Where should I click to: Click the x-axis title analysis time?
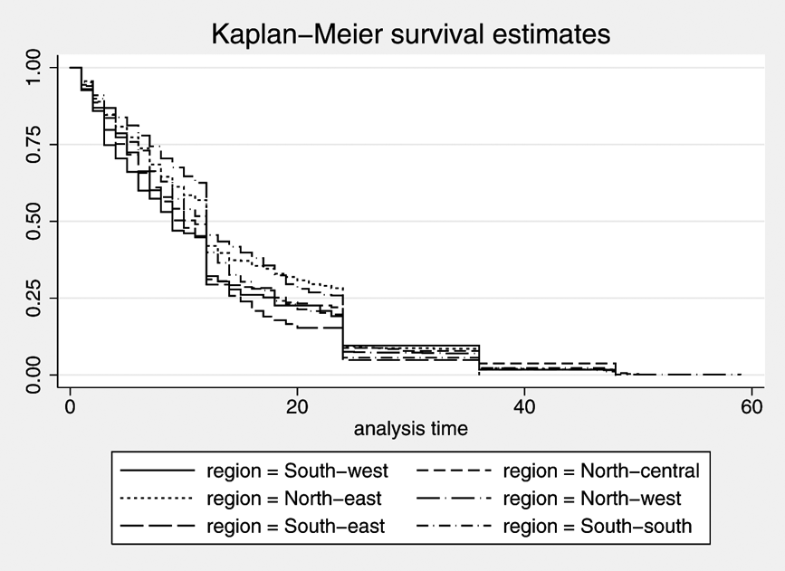tap(410, 428)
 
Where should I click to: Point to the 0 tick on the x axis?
tap(70, 406)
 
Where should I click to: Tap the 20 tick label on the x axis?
tap(297, 406)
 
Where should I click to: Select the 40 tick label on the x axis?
tap(524, 406)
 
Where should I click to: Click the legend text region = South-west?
tap(296, 471)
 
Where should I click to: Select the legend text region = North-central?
tap(601, 471)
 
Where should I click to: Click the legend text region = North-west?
tap(592, 498)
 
